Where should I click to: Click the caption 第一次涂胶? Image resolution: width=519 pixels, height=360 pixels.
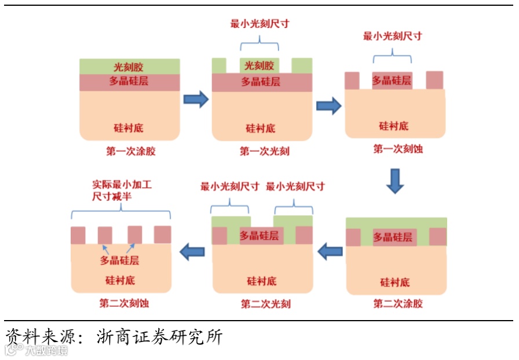(131, 152)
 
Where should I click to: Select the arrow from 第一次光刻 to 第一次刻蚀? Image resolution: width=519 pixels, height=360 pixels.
(328, 106)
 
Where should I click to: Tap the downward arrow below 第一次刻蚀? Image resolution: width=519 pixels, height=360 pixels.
(396, 181)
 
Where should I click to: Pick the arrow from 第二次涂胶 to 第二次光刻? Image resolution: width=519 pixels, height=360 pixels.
(331, 251)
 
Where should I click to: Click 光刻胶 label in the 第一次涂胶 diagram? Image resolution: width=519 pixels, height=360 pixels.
(129, 67)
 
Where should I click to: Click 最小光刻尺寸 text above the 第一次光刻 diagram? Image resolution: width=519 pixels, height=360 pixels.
(259, 24)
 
